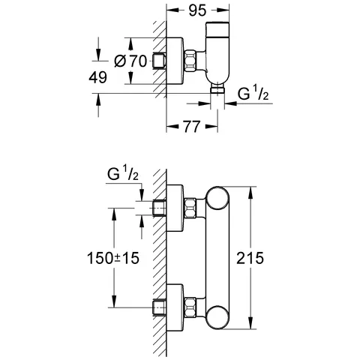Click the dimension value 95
[x=197, y=11]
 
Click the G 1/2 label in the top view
[x=253, y=94]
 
